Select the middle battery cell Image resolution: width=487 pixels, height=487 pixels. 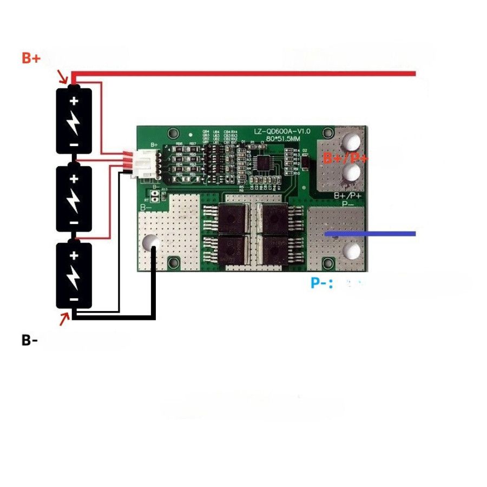(x=74, y=198)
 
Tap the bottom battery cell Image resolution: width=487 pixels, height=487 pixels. (x=74, y=275)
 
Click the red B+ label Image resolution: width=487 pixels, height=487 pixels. (x=31, y=58)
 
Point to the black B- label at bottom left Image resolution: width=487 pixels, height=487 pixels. (x=30, y=340)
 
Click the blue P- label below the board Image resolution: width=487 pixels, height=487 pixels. (x=321, y=283)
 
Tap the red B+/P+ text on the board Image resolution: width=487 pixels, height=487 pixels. (x=346, y=159)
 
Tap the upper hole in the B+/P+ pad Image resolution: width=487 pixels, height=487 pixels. (x=352, y=143)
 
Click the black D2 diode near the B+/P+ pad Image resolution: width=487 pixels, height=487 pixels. (x=305, y=161)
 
